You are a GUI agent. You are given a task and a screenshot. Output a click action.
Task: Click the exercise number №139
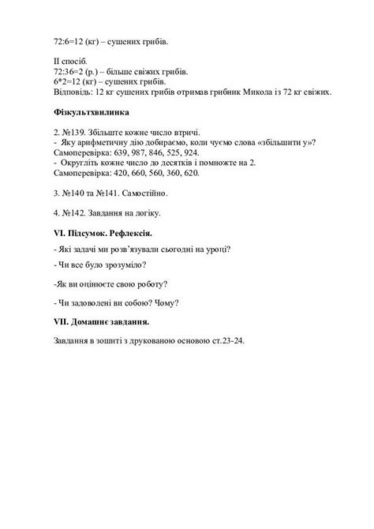coord(74,131)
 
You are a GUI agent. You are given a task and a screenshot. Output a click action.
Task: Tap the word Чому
coord(166,303)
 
